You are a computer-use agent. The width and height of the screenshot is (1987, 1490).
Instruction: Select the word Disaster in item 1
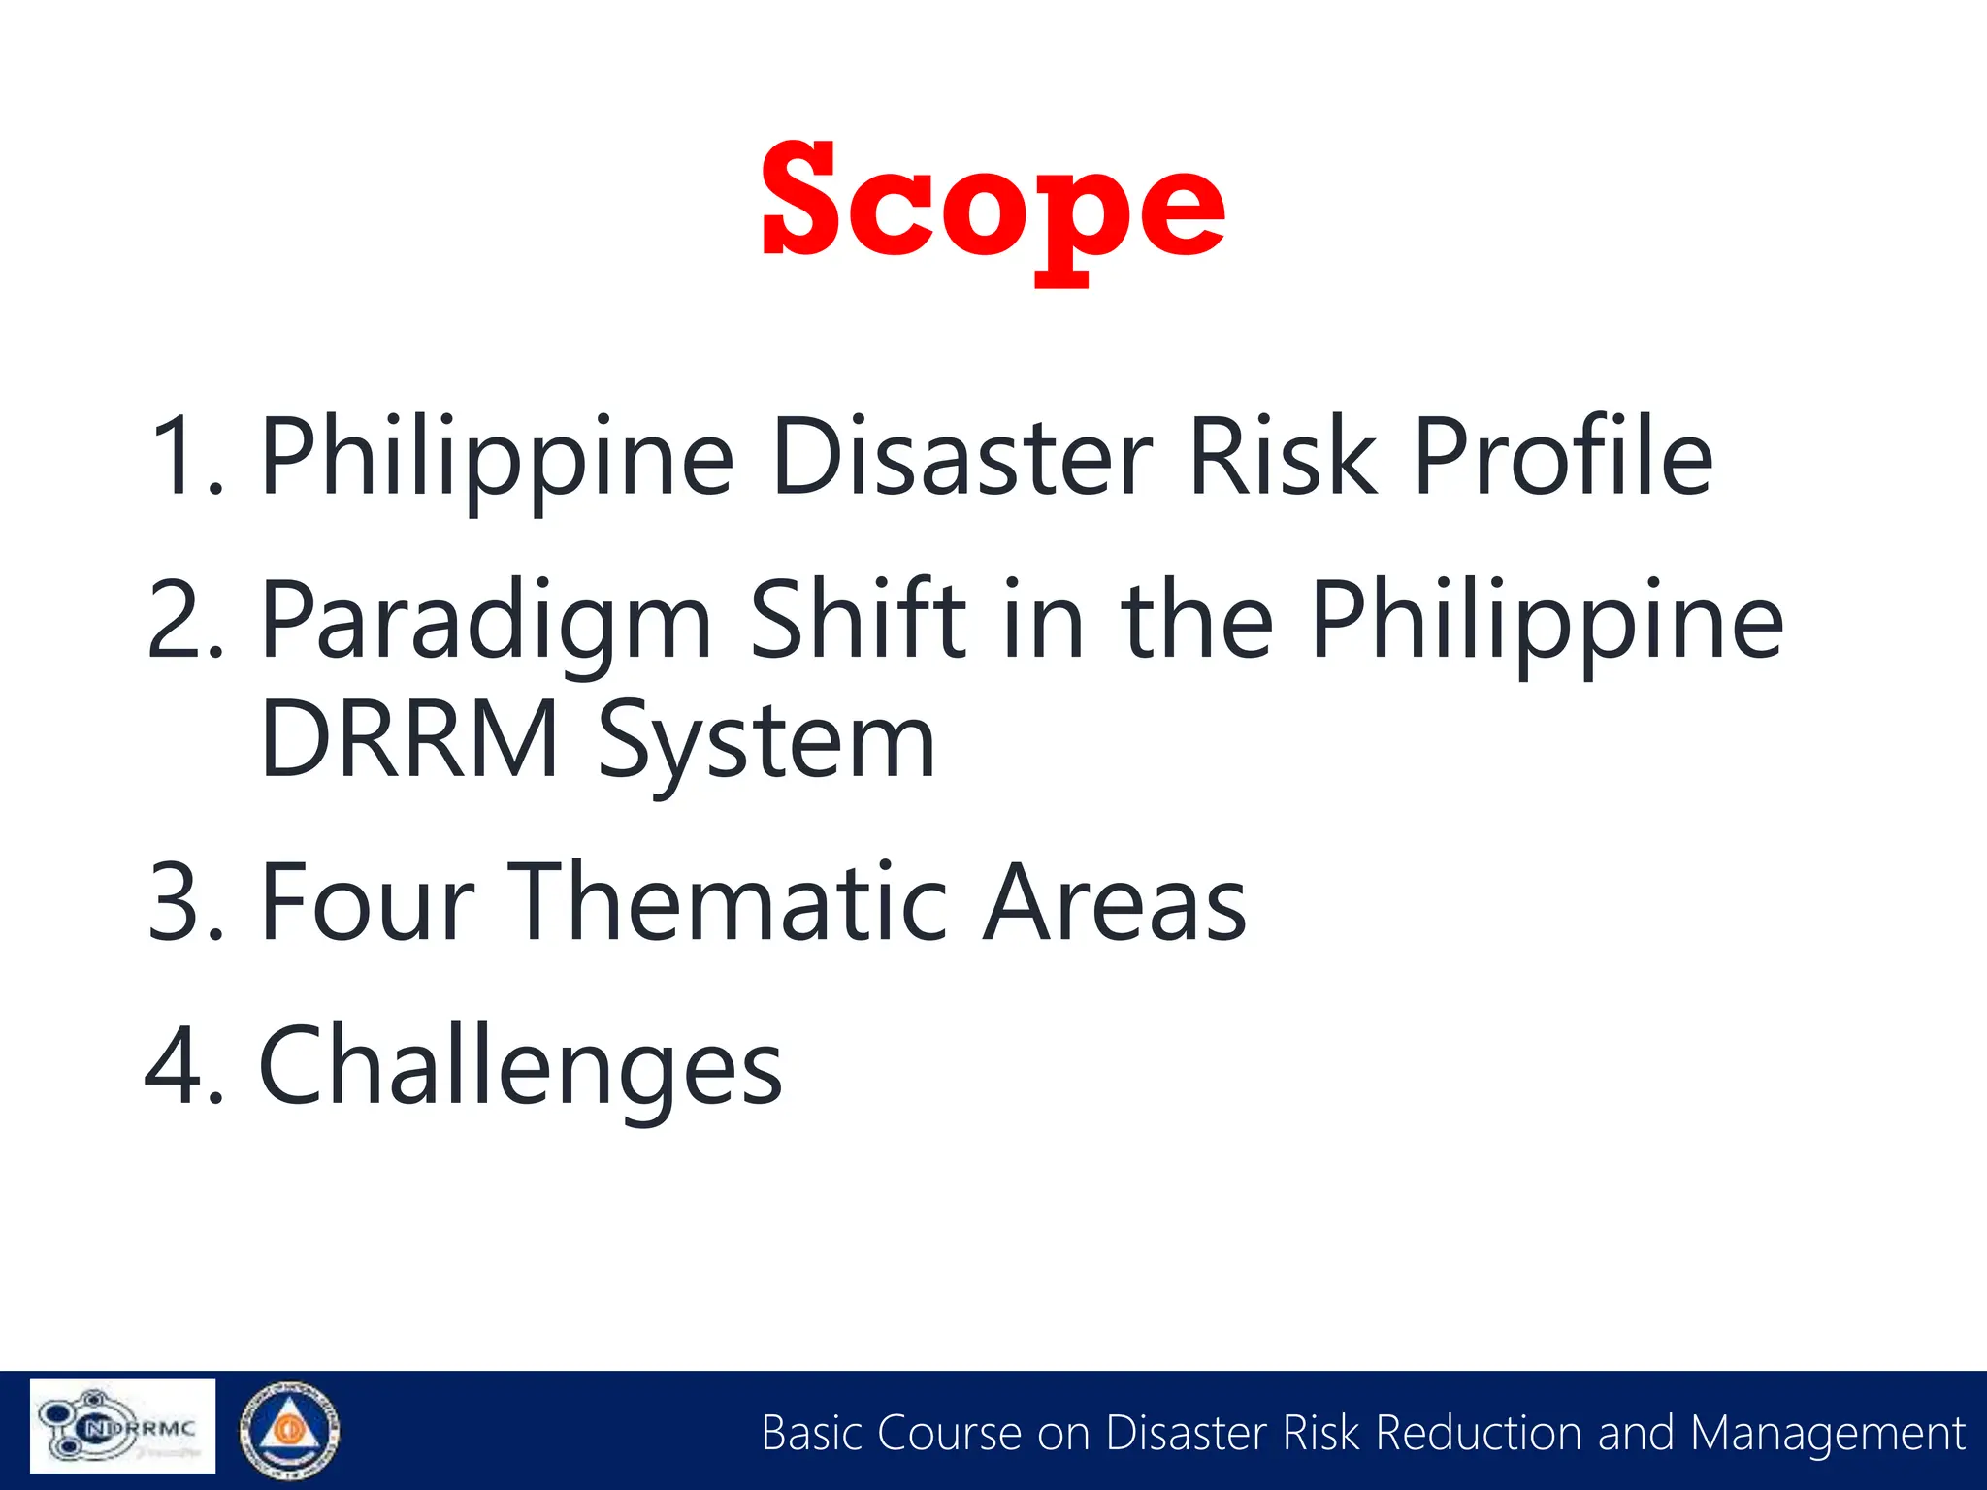[x=961, y=456]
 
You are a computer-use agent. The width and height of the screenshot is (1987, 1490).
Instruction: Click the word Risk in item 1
[x=1282, y=456]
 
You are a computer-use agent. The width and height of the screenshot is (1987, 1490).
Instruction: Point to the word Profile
[x=1562, y=456]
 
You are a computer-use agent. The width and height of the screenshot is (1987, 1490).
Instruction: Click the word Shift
[x=858, y=619]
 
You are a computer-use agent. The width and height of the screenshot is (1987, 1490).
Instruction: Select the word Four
[x=369, y=902]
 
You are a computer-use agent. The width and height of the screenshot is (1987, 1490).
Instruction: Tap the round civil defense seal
[x=289, y=1428]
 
